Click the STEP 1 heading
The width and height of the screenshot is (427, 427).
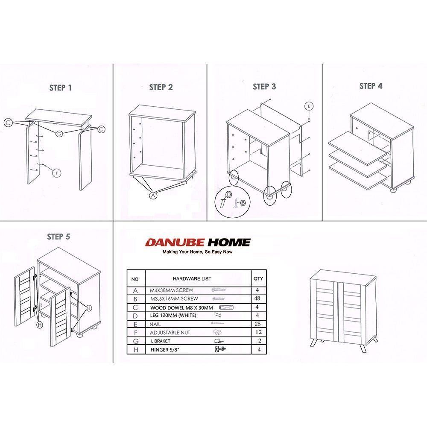[x=61, y=88]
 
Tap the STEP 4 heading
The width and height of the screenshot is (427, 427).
[x=371, y=86]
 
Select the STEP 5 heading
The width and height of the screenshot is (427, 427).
[x=58, y=237]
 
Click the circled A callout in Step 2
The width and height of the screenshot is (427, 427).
[x=153, y=195]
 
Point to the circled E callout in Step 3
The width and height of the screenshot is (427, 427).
[x=309, y=106]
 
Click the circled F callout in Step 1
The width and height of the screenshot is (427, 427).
[x=57, y=173]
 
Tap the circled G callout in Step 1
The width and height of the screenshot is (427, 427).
[x=59, y=133]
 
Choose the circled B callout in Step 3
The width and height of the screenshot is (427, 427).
[x=243, y=202]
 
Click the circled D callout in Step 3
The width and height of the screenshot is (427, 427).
[x=229, y=194]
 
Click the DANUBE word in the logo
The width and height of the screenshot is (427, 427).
[x=175, y=243]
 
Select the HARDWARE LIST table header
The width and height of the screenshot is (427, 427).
[x=192, y=278]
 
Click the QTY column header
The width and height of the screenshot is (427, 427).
[x=258, y=278]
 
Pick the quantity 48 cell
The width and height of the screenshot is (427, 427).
[x=257, y=298]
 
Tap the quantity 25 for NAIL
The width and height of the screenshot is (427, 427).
[x=257, y=324]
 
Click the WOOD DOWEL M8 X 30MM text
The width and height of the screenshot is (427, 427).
[x=181, y=308]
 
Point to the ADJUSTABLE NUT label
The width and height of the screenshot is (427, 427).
[x=170, y=333]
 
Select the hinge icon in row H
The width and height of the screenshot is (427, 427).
[x=220, y=349]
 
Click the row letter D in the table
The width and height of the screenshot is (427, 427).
[x=135, y=316]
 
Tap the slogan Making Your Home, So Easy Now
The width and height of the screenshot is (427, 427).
[x=197, y=252]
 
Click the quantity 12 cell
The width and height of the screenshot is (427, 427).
[x=258, y=332]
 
